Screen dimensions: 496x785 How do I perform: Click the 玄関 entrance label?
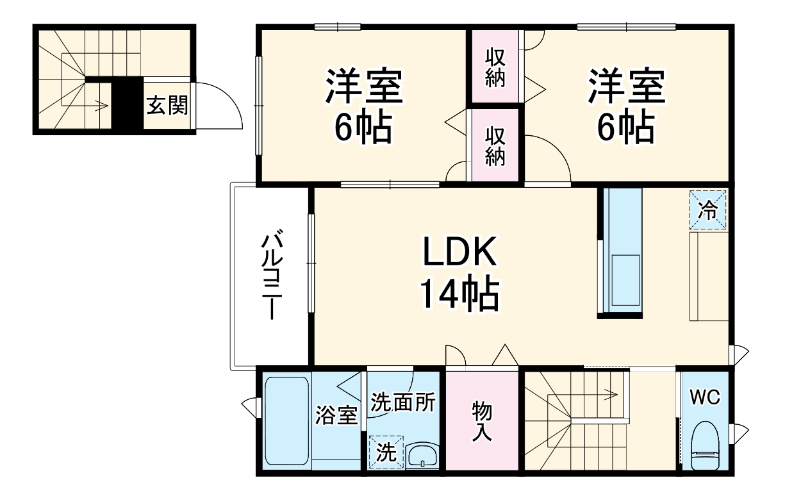click(x=167, y=105)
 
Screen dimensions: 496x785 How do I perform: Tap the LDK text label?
click(x=459, y=253)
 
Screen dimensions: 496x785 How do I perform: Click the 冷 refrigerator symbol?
click(x=709, y=210)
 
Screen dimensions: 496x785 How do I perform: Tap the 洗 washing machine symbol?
click(x=386, y=452)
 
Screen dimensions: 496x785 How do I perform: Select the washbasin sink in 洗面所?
click(x=422, y=456)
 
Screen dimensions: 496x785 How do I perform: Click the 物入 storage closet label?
click(x=482, y=420)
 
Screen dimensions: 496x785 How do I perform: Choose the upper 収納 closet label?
click(x=495, y=67)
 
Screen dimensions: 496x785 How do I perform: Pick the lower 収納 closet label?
click(x=495, y=146)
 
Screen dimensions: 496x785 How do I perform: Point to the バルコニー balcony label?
click(x=272, y=276)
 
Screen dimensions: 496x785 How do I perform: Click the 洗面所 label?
click(x=404, y=402)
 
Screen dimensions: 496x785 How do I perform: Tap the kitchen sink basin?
click(x=625, y=281)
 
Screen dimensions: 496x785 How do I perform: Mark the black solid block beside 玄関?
click(x=128, y=105)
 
